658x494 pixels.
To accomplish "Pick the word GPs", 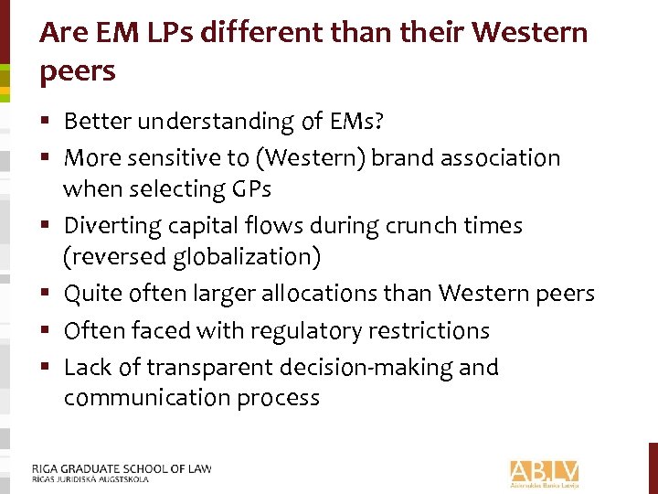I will pyautogui.click(x=254, y=189).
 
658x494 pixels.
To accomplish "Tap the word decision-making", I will pyautogui.click(x=366, y=367).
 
